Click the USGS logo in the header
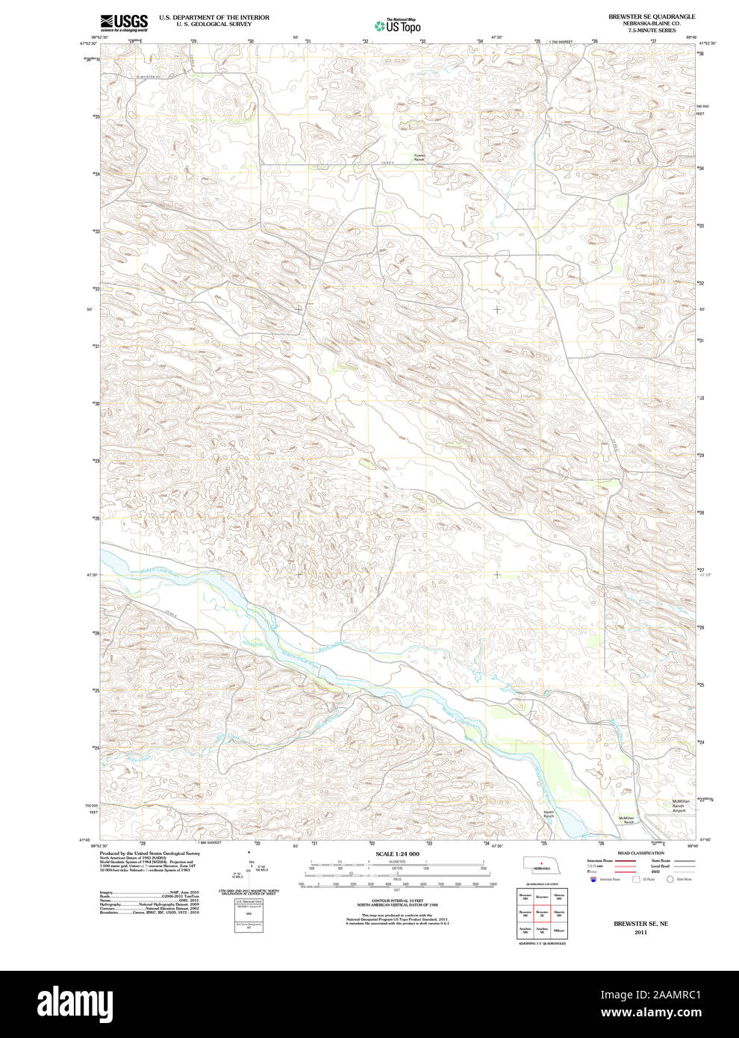pyautogui.click(x=123, y=22)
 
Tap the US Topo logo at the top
pyautogui.click(x=398, y=26)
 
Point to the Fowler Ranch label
pyautogui.click(x=419, y=158)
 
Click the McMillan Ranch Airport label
pyautogui.click(x=678, y=806)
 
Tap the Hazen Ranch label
pyautogui.click(x=549, y=814)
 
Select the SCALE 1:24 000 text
pyautogui.click(x=397, y=854)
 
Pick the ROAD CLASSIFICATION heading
pyautogui.click(x=640, y=853)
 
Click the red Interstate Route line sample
pyautogui.click(x=625, y=861)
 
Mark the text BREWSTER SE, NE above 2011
pyautogui.click(x=640, y=924)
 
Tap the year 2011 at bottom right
pyautogui.click(x=640, y=932)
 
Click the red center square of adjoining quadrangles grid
pyautogui.click(x=542, y=913)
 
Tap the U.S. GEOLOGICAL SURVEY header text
pyautogui.click(x=213, y=24)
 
